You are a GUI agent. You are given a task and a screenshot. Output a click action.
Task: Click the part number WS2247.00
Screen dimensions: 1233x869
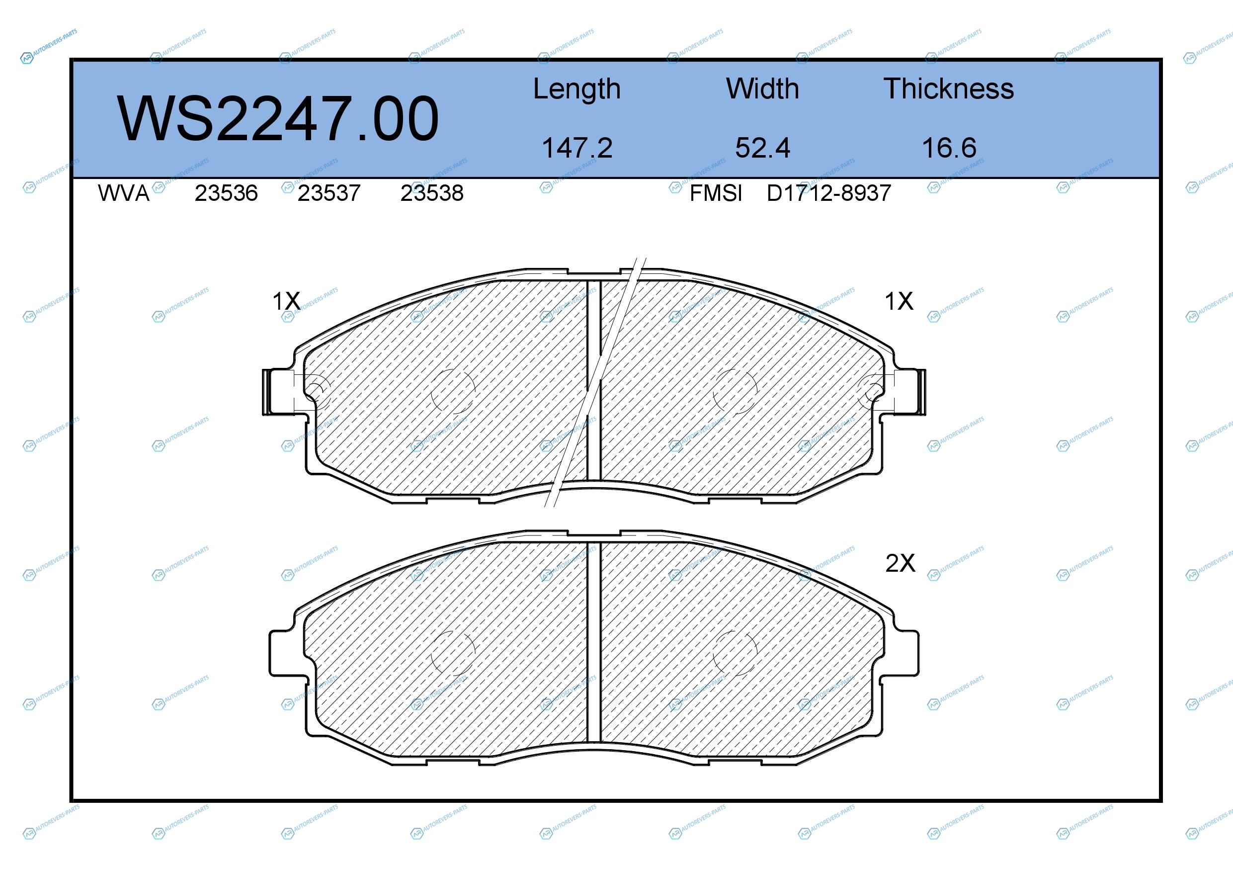pos(278,118)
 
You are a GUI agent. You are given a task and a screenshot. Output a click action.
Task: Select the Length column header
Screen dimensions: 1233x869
pos(577,89)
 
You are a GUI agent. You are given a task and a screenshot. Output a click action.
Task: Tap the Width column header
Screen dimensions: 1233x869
pos(762,88)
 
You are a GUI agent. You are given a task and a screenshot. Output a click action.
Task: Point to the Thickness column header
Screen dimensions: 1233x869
pos(949,88)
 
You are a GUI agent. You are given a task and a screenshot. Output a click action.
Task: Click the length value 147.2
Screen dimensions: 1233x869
pos(577,148)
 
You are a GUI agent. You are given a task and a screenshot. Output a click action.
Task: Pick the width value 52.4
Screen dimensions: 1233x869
pos(762,148)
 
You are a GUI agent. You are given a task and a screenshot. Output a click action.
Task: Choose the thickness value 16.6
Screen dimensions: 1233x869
pos(949,148)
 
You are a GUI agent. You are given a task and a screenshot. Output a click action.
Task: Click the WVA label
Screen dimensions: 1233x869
pos(124,193)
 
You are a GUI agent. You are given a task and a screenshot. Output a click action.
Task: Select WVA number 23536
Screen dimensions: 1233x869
pos(226,193)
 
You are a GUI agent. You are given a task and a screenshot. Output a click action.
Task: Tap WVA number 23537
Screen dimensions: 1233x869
pos(329,193)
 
